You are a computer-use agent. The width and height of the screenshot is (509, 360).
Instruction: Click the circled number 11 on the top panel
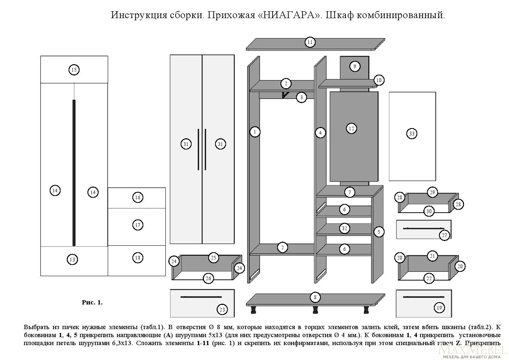[309, 42]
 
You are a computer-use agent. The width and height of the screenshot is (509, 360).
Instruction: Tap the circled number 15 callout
[74, 70]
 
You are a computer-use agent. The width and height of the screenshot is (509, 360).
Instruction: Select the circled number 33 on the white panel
[411, 134]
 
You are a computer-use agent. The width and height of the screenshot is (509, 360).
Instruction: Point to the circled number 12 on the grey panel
[351, 128]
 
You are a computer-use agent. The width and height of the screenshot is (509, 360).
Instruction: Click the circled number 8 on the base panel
[315, 298]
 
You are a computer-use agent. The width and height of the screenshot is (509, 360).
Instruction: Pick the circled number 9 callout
[354, 66]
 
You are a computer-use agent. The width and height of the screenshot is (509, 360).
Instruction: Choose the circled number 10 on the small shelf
[379, 80]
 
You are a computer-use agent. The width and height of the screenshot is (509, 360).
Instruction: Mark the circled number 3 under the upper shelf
[301, 97]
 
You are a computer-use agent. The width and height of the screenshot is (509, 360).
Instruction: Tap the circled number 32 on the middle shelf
[344, 228]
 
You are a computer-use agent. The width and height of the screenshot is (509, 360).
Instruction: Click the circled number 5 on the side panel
[379, 232]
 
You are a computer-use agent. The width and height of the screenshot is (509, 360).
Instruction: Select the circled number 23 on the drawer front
[222, 310]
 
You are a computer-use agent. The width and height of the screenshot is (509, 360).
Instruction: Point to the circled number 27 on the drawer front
[444, 235]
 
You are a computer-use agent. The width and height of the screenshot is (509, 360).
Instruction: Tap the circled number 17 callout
[137, 225]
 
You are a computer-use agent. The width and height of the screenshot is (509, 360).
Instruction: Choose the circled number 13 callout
[72, 259]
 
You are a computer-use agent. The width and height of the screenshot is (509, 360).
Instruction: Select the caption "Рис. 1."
[92, 302]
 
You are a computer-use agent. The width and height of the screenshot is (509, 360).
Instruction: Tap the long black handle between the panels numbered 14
[74, 172]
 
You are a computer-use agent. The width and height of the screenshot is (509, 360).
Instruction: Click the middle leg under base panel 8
[315, 310]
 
